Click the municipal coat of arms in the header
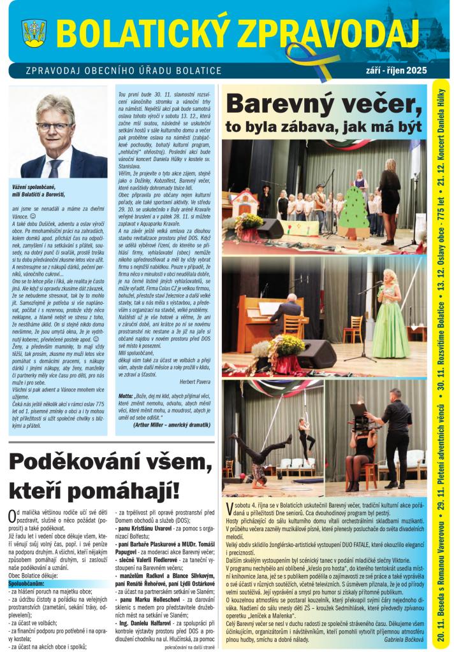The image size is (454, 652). (34, 31)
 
